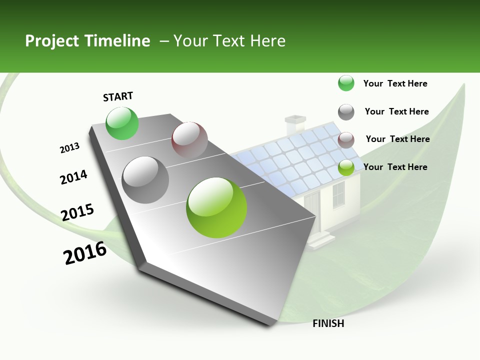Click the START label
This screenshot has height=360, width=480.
[118, 96]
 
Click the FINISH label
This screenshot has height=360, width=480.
[328, 323]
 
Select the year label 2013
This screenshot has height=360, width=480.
[69, 148]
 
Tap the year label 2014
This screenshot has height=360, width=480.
[73, 177]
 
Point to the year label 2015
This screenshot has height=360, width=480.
[77, 212]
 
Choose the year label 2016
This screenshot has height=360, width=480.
[85, 253]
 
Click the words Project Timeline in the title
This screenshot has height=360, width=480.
[87, 41]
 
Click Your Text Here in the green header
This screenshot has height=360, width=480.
[229, 41]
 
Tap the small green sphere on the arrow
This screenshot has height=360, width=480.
[122, 123]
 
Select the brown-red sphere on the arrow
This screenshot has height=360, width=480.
[189, 140]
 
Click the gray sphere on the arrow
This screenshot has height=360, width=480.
[145, 179]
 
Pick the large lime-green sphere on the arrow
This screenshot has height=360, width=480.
[216, 207]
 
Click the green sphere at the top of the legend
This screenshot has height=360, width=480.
[346, 83]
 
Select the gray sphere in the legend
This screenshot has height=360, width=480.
[346, 112]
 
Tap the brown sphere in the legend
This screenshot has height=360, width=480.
[346, 140]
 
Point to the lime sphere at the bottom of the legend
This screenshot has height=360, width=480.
[346, 167]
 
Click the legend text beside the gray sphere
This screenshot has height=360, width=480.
[396, 111]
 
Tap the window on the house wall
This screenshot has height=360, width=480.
[338, 194]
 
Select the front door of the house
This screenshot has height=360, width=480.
[312, 207]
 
